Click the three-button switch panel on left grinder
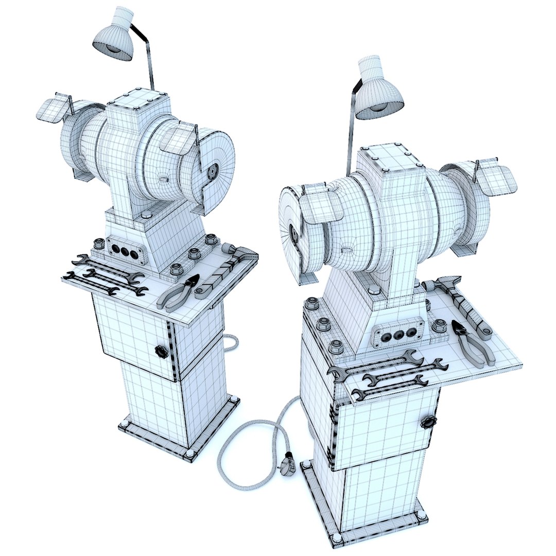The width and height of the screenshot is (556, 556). [124, 252]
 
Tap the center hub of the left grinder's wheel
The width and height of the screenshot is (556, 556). [213, 171]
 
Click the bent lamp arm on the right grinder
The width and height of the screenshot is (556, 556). [351, 118]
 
